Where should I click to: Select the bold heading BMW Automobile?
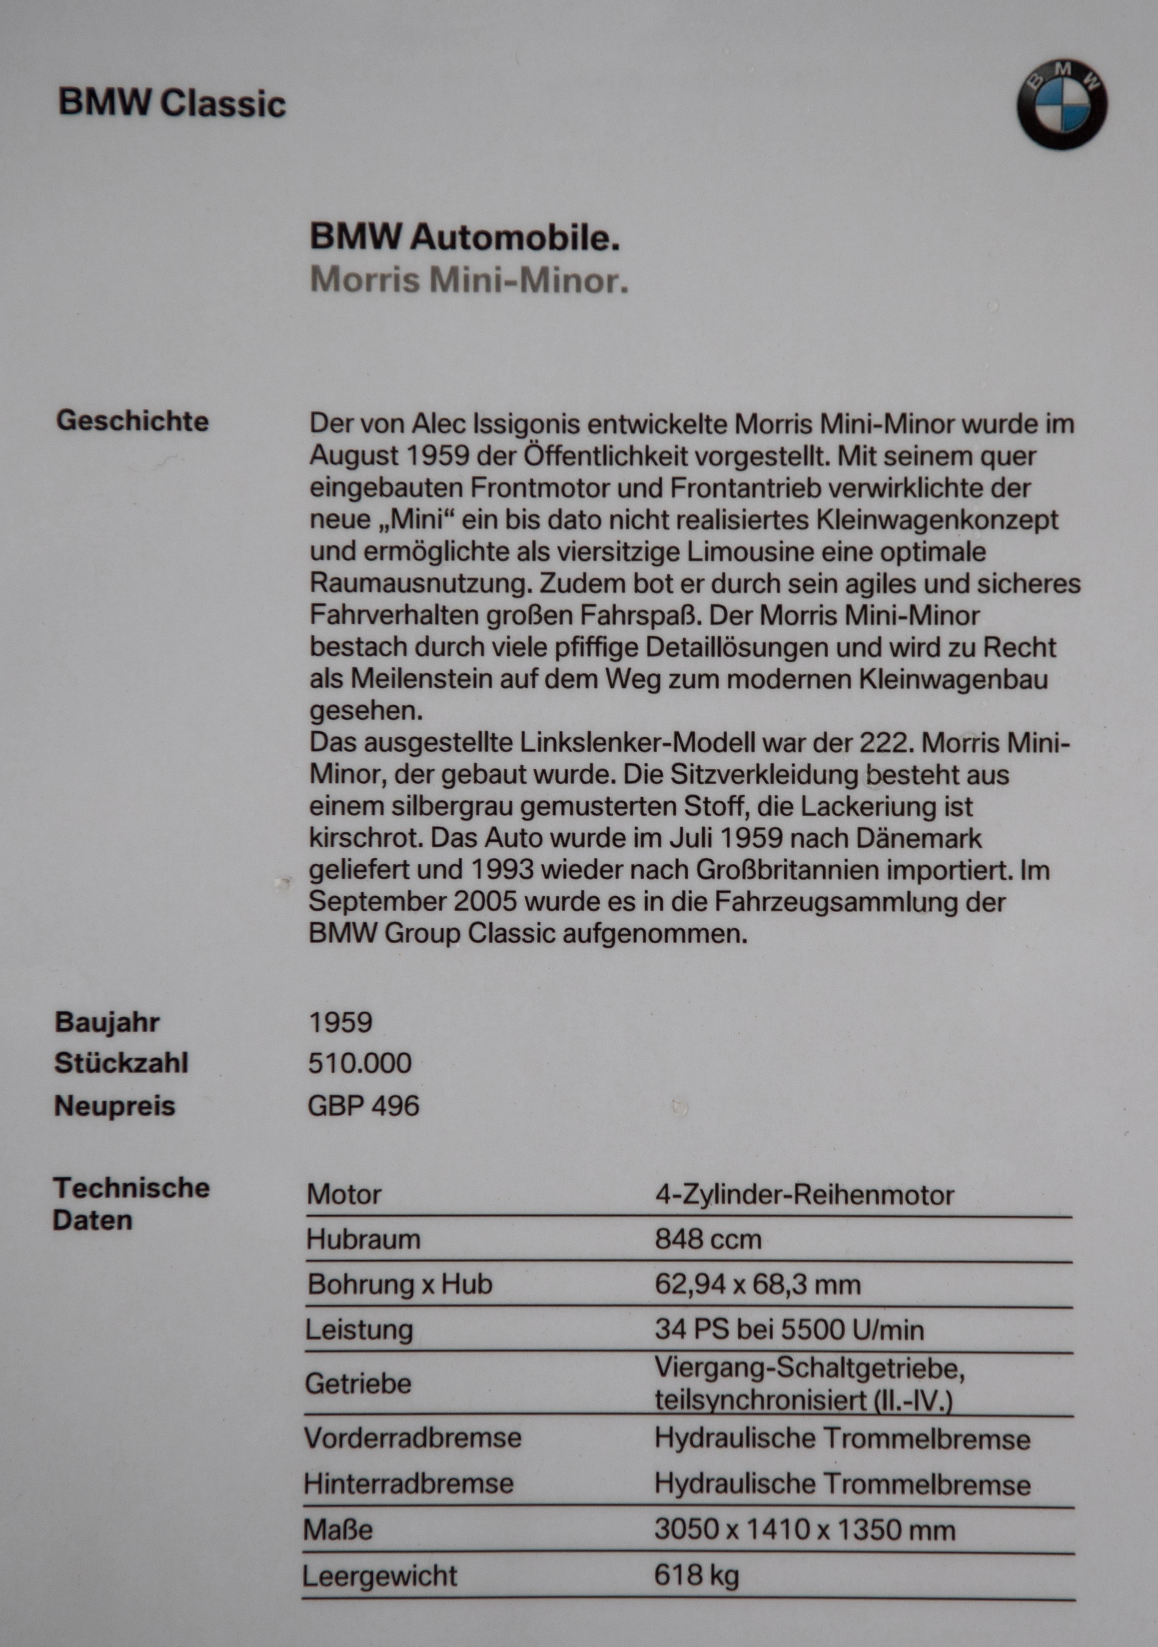[464, 237]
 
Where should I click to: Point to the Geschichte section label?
[133, 421]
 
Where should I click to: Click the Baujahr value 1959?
[341, 1022]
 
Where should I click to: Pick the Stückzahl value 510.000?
[359, 1063]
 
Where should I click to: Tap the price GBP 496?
[363, 1105]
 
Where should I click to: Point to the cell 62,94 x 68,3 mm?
[757, 1284]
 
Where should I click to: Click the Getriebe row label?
[358, 1383]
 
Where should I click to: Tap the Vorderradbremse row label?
[413, 1438]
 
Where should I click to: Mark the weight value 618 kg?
[696, 1575]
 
